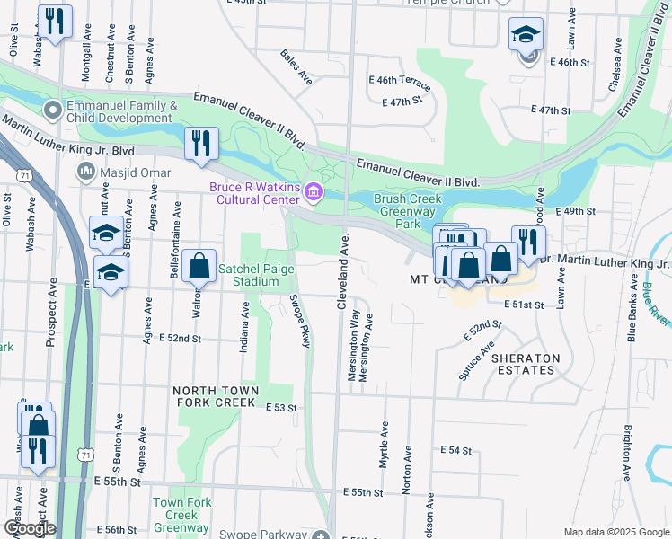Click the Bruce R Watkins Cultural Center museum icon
(x=314, y=190)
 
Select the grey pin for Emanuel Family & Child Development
(x=53, y=112)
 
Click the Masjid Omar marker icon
(x=88, y=170)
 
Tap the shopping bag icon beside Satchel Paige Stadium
(x=199, y=266)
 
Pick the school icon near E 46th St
(x=526, y=36)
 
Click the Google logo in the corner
(x=29, y=528)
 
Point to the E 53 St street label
(x=281, y=408)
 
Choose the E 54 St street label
(x=455, y=449)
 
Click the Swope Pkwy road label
(x=300, y=321)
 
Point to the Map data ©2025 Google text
(x=615, y=532)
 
